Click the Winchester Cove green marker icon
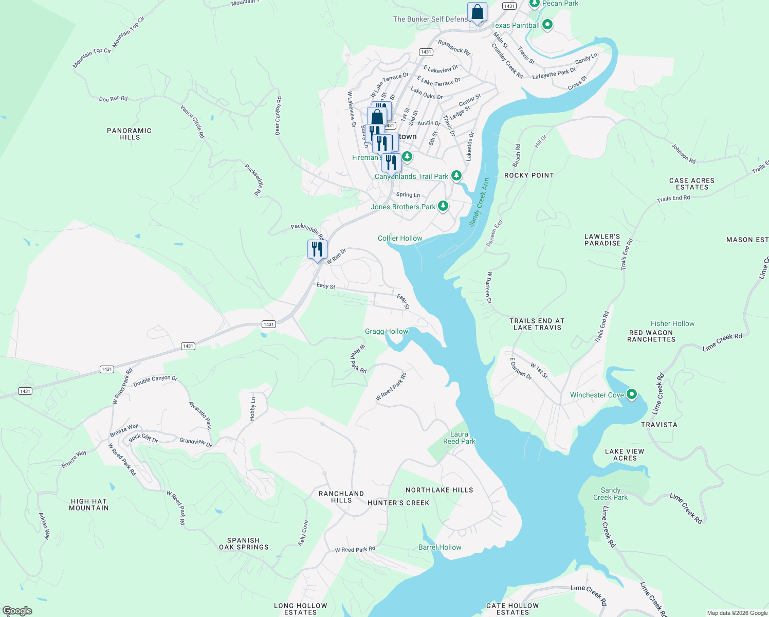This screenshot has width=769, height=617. click(632, 395)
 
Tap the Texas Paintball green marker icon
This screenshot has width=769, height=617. click(547, 25)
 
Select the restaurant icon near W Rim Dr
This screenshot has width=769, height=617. click(317, 249)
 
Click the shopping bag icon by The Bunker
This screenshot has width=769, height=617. click(477, 12)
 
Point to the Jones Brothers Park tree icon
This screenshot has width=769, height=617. click(443, 207)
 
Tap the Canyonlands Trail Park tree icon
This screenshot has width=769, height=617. click(456, 176)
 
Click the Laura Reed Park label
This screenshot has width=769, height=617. click(459, 438)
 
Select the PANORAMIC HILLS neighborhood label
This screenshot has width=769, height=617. click(129, 134)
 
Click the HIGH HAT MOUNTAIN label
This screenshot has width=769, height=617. click(89, 504)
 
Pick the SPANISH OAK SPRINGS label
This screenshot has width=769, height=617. click(244, 543)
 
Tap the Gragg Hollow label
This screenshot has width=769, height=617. click(386, 331)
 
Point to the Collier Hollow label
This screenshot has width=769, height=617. click(400, 238)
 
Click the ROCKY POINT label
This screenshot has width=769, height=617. click(529, 175)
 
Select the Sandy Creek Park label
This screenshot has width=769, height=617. click(610, 494)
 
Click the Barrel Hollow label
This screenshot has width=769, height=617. click(440, 547)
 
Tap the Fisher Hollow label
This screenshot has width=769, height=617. click(672, 323)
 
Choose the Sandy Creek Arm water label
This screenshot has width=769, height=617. click(478, 202)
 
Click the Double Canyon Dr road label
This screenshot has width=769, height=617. click(155, 381)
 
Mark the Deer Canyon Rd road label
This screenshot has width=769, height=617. click(278, 116)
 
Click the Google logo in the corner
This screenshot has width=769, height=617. click(17, 611)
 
